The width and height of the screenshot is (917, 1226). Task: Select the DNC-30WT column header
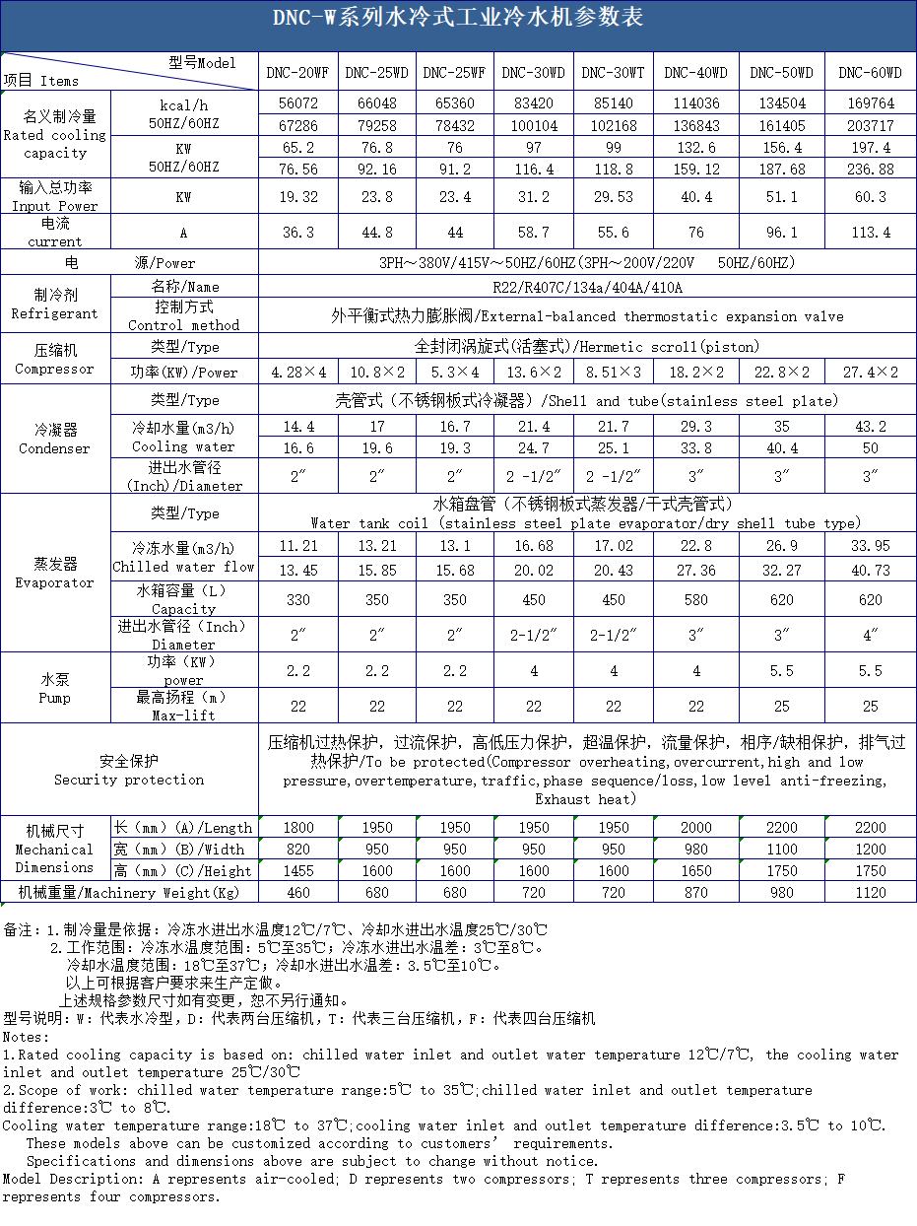click(613, 73)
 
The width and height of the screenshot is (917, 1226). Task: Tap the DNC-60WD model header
click(870, 73)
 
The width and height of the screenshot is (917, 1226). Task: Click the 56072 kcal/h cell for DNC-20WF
click(297, 103)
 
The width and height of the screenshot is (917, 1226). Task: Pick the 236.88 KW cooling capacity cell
click(870, 170)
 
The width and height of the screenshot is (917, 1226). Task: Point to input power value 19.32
click(297, 197)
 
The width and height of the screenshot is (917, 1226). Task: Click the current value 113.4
click(870, 233)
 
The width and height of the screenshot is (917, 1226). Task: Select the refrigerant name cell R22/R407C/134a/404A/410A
click(587, 288)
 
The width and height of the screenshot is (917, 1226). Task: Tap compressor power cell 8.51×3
click(613, 373)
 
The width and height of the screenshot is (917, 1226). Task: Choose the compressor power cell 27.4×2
click(870, 373)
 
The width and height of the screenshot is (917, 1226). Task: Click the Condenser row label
click(54, 440)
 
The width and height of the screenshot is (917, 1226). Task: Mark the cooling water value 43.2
click(870, 427)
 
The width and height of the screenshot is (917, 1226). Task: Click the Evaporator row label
click(54, 573)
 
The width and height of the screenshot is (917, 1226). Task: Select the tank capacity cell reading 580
click(695, 599)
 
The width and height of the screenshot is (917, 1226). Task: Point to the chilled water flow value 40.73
click(870, 570)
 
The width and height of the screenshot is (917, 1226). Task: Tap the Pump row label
click(54, 688)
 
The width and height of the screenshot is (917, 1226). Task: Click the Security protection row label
click(129, 770)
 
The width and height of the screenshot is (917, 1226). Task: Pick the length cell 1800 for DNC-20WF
click(297, 828)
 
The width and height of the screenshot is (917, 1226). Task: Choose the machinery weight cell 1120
click(870, 893)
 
